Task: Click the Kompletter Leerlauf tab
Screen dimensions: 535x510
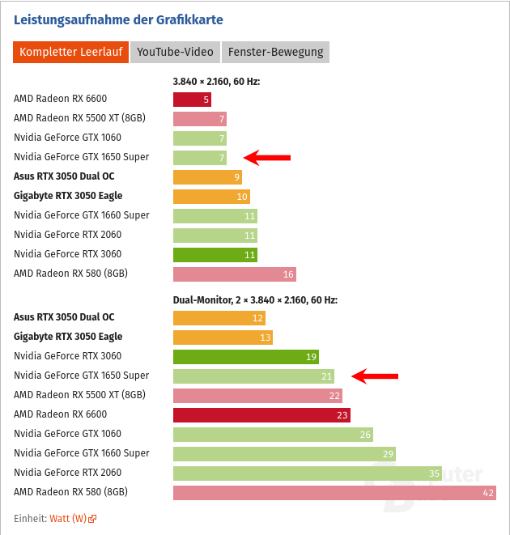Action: [x=70, y=53]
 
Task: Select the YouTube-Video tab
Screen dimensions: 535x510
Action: [x=175, y=53]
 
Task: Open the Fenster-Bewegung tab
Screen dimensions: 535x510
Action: [x=275, y=53]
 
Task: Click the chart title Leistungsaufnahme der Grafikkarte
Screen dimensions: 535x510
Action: [x=118, y=19]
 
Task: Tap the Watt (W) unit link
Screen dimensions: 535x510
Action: [x=68, y=518]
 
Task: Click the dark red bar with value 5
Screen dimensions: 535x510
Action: [x=192, y=100]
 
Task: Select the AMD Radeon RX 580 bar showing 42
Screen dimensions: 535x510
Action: [x=334, y=492]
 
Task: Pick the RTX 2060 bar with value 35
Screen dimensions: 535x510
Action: [x=308, y=473]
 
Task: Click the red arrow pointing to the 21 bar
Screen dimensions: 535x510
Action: [x=375, y=376]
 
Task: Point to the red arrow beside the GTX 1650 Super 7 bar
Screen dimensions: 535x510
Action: [x=266, y=158]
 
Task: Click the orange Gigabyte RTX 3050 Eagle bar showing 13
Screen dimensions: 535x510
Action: [x=223, y=337]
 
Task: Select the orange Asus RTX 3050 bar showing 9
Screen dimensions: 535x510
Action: [x=207, y=177]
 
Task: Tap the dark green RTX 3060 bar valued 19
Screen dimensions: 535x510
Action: [x=245, y=356]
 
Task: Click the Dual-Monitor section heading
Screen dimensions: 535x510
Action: [x=255, y=299]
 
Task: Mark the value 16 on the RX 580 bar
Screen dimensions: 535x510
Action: [x=288, y=274]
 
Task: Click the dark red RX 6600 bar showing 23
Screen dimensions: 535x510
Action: [x=261, y=414]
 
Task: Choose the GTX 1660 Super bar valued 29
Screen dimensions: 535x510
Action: [x=284, y=453]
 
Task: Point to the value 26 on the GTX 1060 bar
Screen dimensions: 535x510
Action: [x=365, y=435]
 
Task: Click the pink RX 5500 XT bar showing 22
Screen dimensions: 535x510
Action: [x=257, y=395]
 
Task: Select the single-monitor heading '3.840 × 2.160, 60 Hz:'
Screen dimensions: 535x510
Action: [x=216, y=81]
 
